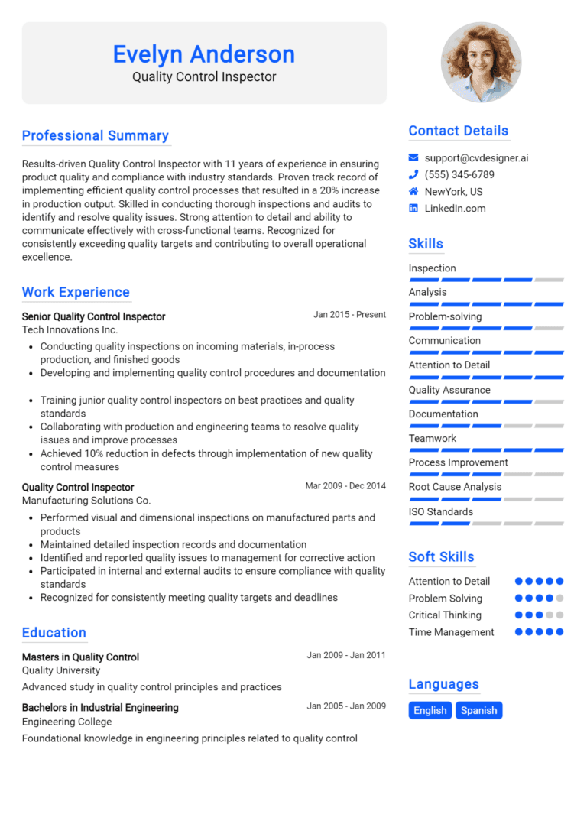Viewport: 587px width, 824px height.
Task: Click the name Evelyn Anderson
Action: (203, 54)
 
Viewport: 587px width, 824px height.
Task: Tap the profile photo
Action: (481, 63)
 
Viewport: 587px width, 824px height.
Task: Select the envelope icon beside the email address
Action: (413, 158)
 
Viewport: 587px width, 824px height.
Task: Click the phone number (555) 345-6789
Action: (459, 175)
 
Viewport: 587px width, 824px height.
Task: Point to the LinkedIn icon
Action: (413, 208)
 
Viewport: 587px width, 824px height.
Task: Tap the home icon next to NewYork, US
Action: (413, 192)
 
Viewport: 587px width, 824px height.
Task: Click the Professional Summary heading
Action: (96, 135)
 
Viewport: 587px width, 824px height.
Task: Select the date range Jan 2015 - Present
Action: (349, 314)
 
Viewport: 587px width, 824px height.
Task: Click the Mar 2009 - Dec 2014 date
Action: (345, 485)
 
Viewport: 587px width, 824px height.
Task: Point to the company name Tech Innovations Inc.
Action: (70, 329)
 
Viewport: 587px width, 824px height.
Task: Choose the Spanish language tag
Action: (479, 710)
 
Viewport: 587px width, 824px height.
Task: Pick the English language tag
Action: (430, 710)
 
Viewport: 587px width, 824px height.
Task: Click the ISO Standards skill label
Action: (440, 511)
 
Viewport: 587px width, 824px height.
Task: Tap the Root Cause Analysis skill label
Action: (455, 487)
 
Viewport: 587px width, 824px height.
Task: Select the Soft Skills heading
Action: (441, 556)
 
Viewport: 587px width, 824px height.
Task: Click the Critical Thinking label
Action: (445, 615)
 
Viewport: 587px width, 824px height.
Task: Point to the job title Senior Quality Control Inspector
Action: (93, 316)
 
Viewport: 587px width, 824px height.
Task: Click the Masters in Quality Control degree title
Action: (80, 657)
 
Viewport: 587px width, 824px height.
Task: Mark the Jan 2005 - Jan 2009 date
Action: (346, 706)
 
